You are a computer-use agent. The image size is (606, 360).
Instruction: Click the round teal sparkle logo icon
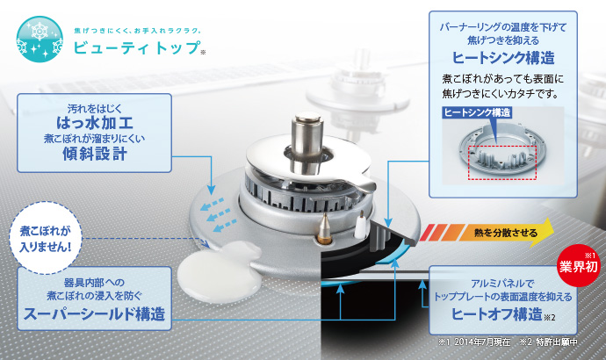(40, 40)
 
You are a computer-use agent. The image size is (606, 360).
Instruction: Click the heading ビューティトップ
(137, 48)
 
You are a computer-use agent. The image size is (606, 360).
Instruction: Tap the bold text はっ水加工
(95, 123)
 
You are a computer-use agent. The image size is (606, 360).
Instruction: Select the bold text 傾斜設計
(95, 154)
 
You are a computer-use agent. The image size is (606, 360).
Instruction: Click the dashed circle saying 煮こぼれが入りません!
(46, 238)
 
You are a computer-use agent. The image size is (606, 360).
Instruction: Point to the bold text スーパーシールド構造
(94, 313)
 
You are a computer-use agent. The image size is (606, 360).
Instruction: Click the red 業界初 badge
(578, 266)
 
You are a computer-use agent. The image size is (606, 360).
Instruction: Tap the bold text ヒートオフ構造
(497, 314)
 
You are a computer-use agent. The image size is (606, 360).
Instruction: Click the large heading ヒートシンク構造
(503, 58)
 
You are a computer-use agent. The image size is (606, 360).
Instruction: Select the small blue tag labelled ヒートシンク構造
(477, 112)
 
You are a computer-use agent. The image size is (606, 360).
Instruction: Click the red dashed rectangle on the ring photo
(502, 162)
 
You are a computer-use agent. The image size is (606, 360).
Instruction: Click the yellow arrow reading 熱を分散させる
(487, 232)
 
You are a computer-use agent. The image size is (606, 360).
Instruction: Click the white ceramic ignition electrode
(360, 225)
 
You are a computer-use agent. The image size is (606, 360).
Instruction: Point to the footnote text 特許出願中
(557, 342)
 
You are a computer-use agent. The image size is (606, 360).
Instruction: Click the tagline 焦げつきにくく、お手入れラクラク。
(137, 30)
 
